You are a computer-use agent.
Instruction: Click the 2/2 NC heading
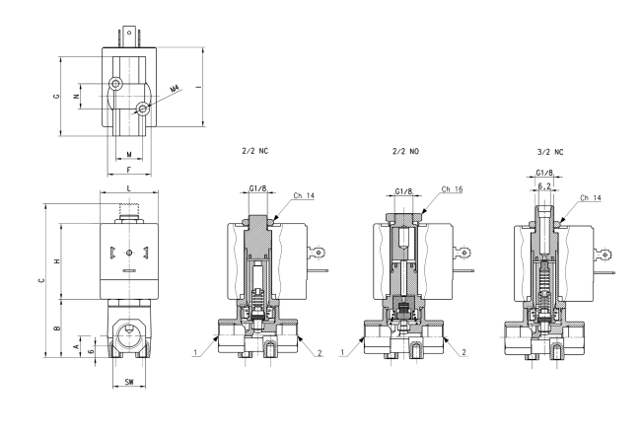tap(255, 151)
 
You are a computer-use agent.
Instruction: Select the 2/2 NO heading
tap(405, 152)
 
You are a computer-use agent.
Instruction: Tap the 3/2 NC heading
tap(550, 152)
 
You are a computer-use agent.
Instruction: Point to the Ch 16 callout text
tap(452, 189)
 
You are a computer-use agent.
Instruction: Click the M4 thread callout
tap(175, 88)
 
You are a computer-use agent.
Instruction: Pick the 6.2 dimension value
tap(544, 186)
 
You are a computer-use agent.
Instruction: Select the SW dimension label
tap(129, 382)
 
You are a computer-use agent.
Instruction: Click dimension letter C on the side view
tap(41, 280)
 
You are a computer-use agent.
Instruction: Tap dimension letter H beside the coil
tap(57, 260)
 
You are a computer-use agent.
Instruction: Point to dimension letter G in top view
tap(56, 97)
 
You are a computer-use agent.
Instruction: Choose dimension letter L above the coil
tap(129, 188)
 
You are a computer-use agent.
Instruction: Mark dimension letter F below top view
tap(129, 170)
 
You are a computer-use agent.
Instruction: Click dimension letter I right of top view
tap(198, 87)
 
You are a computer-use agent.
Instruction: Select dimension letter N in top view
tap(76, 97)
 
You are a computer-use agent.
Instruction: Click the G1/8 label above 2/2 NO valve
tap(403, 191)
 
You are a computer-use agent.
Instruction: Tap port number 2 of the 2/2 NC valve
tap(320, 353)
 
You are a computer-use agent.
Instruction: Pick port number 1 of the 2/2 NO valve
tap(342, 352)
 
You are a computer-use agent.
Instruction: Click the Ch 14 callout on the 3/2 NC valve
tap(591, 198)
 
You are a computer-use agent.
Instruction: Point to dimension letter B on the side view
tap(57, 328)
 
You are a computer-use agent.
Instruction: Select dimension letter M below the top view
tap(129, 155)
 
